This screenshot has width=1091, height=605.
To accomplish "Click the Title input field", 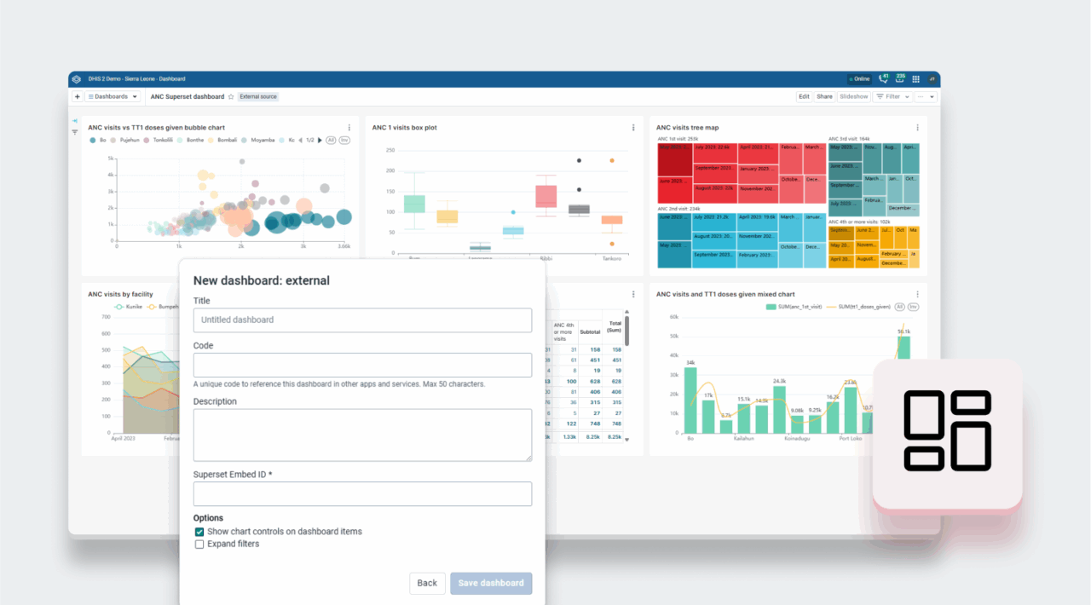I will tap(362, 320).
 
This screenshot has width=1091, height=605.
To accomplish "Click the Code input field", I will tap(362, 365).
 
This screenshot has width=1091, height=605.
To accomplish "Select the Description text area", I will tap(362, 435).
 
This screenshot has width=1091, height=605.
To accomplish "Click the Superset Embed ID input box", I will tap(362, 494).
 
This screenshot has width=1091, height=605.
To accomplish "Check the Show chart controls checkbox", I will tap(199, 532).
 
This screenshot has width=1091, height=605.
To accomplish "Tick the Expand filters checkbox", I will tap(199, 544).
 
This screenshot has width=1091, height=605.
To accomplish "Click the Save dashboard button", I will tap(491, 583).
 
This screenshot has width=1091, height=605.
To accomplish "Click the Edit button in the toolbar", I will tap(803, 97).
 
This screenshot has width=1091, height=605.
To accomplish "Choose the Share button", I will tap(824, 97).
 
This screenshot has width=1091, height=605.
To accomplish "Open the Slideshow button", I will tap(854, 97).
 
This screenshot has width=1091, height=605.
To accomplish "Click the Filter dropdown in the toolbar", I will tap(892, 97).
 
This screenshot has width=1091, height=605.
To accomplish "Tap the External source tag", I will tap(258, 97).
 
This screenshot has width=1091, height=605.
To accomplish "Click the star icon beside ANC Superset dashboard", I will tap(231, 97).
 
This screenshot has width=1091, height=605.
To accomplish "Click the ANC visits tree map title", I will tap(687, 128).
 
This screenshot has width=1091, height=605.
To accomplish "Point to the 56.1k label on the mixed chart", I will tap(903, 331).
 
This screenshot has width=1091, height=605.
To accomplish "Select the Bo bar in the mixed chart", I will tap(690, 400).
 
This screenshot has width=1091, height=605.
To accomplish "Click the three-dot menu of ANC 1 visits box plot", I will tap(633, 128).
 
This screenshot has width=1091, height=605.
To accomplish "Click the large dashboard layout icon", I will tap(947, 430).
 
